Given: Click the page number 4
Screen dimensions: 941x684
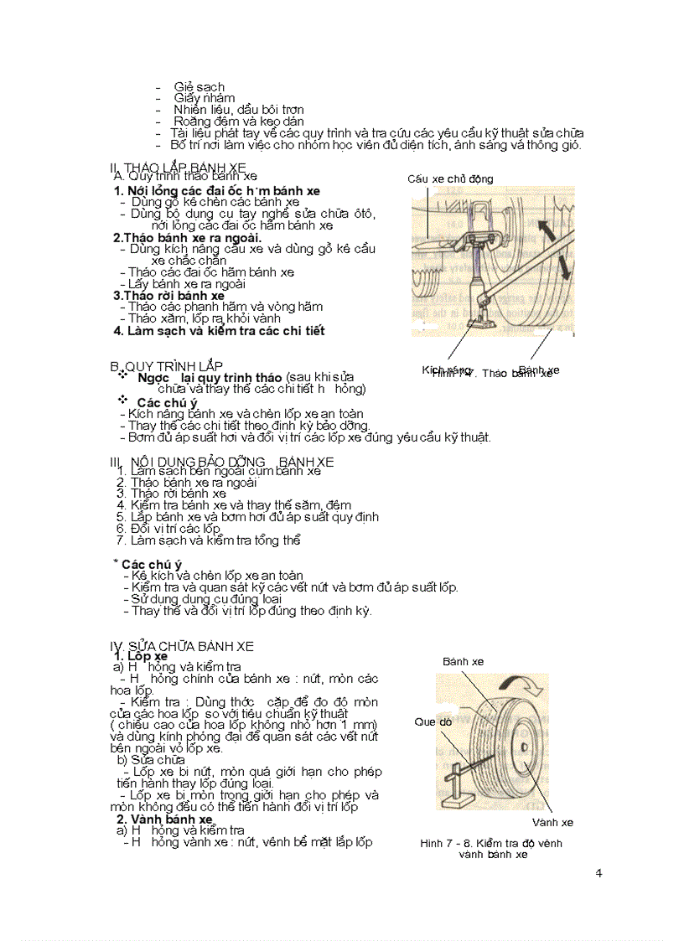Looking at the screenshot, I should point(598,873).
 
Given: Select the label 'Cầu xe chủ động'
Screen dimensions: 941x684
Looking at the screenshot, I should point(450,178).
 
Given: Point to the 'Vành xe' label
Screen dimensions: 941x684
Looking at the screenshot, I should point(552,822).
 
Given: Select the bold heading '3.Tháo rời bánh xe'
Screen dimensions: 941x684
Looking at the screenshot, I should point(168,295).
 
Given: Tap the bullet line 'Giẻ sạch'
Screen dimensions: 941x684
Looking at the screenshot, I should point(199,86).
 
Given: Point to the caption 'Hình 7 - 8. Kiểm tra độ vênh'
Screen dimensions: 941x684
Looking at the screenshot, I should point(491,843).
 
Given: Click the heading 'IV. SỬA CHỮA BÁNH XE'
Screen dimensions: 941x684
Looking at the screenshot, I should point(181,646).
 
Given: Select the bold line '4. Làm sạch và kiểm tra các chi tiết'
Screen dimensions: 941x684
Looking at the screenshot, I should point(219,330).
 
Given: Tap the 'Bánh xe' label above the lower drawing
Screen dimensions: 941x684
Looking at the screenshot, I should point(463,662).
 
